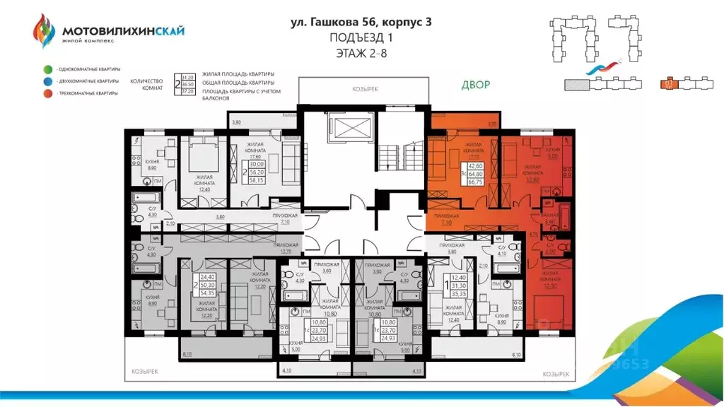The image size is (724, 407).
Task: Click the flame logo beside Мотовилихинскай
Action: (x=44, y=32)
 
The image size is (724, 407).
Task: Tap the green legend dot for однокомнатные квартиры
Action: (x=47, y=69)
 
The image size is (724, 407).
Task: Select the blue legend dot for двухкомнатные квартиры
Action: (x=47, y=81)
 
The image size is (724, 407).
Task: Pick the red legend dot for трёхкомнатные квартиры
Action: (x=47, y=93)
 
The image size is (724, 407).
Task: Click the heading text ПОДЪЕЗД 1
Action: (x=362, y=37)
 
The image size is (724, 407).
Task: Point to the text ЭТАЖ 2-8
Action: (x=362, y=52)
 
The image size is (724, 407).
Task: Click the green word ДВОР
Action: (x=476, y=85)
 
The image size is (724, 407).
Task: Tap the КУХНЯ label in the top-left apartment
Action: (x=151, y=162)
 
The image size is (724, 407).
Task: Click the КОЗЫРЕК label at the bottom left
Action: (x=147, y=370)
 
